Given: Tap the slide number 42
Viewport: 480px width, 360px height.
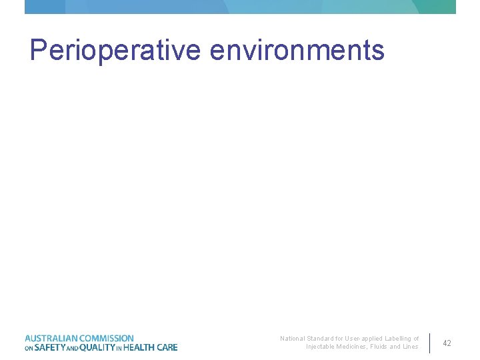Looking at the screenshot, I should [447, 343].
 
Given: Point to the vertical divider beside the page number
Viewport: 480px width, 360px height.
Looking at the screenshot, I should [429, 343].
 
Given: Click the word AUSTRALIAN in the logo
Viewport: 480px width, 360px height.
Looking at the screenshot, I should [51, 339].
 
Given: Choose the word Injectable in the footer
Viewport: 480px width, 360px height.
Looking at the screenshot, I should [321, 347].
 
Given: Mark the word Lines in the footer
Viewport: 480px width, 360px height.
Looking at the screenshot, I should [411, 347].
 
